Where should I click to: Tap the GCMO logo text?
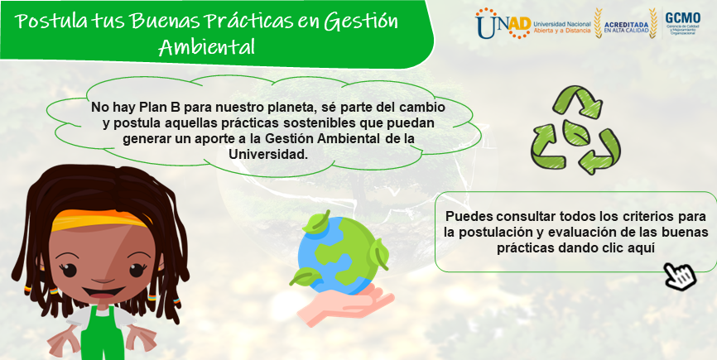pos(682,18)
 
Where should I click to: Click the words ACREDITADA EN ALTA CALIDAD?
pos(627,27)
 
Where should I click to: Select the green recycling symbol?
pos(575,130)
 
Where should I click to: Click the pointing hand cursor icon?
pos(681,276)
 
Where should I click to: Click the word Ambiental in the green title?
pos(206,46)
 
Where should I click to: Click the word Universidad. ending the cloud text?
pos(268,154)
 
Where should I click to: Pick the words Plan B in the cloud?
pos(146,108)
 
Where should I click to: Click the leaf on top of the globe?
pos(316,223)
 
